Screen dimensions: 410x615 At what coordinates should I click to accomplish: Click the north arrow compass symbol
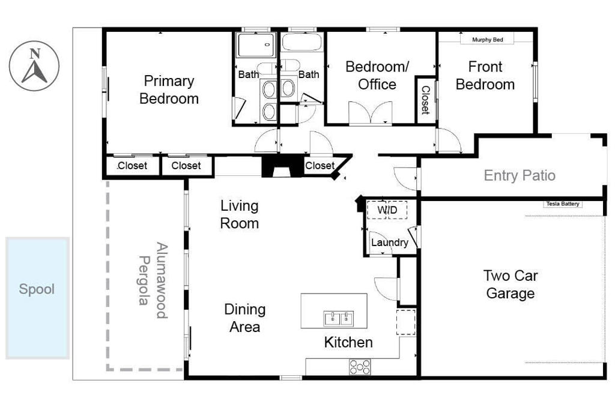click(x=35, y=67)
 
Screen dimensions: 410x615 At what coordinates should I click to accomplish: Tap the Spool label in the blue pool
click(x=37, y=289)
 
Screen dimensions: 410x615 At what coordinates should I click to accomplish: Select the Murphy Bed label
click(x=488, y=40)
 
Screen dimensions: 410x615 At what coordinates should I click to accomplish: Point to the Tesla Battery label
click(x=563, y=204)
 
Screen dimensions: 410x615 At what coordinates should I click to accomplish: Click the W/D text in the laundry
click(x=387, y=210)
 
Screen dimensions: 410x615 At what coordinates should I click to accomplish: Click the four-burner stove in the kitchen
click(x=360, y=366)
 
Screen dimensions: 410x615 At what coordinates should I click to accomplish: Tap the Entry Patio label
click(x=520, y=175)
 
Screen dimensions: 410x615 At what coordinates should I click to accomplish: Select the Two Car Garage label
click(x=510, y=285)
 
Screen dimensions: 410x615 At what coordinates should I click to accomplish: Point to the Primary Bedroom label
click(x=169, y=89)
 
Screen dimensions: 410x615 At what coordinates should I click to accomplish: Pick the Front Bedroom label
click(x=485, y=75)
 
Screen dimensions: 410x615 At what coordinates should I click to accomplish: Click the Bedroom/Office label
click(x=377, y=75)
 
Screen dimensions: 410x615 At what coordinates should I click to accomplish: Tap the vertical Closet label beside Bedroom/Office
click(x=425, y=100)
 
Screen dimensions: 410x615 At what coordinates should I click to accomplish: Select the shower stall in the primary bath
click(x=255, y=45)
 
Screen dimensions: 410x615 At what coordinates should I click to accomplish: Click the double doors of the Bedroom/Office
click(x=371, y=113)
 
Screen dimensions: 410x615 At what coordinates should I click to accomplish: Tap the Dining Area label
click(x=244, y=318)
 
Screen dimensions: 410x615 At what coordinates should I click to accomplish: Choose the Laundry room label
click(x=389, y=243)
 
